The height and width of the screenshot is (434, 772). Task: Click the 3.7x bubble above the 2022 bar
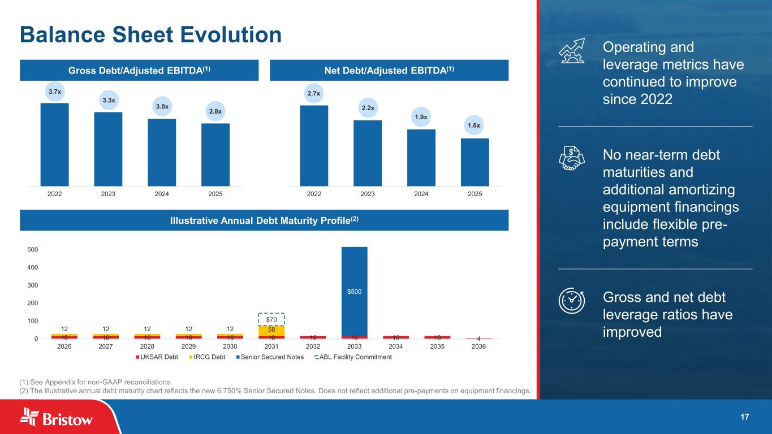[x=54, y=91]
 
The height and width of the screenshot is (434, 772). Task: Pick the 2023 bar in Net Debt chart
[x=368, y=153]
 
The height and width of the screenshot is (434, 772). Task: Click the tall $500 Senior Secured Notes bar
[x=355, y=291]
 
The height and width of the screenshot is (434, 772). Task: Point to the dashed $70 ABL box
[x=271, y=319]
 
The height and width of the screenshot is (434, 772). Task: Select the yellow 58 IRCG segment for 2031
[x=271, y=330]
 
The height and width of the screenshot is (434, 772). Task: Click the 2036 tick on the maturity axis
[x=479, y=346]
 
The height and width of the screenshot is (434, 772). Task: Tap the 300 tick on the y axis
[x=32, y=285]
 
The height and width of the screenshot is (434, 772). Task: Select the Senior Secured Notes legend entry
[x=279, y=357]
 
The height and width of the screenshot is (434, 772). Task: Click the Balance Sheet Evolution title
[x=150, y=35]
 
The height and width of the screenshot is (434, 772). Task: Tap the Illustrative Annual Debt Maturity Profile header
[x=264, y=220]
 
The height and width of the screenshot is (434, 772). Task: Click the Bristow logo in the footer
[x=57, y=418]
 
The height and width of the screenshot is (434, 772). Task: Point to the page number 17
[x=744, y=417]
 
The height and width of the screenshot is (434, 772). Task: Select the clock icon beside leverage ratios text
[x=572, y=300]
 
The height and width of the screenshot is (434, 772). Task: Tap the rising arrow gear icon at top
[x=572, y=51]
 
